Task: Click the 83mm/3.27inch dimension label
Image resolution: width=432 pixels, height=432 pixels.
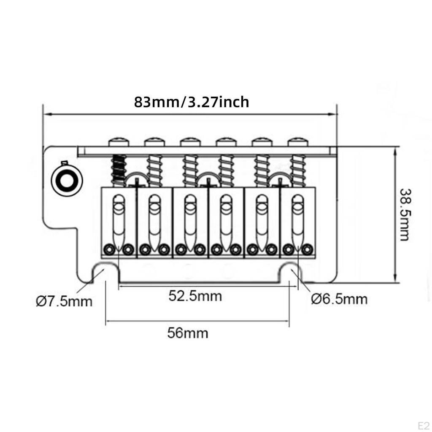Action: click(x=192, y=102)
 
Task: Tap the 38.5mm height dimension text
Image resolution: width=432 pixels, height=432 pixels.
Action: click(x=405, y=215)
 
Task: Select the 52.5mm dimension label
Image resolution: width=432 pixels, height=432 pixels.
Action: click(x=195, y=296)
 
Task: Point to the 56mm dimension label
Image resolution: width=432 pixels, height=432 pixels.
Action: click(x=188, y=333)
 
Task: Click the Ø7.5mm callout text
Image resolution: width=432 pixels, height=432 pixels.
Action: click(x=64, y=301)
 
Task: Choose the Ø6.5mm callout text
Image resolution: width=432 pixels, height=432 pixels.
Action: click(x=339, y=299)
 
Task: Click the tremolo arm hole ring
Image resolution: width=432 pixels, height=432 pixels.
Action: click(x=67, y=181)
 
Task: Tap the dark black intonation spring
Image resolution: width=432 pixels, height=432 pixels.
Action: click(x=119, y=170)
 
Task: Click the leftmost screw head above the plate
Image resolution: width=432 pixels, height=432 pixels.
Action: click(x=119, y=142)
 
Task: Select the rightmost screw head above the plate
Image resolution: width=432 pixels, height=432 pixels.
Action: click(x=298, y=142)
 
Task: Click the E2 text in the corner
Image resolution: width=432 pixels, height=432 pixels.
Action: click(x=424, y=425)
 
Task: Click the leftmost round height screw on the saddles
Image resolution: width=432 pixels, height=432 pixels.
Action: click(x=109, y=250)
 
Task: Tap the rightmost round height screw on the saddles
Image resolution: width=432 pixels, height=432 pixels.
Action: click(x=307, y=250)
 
